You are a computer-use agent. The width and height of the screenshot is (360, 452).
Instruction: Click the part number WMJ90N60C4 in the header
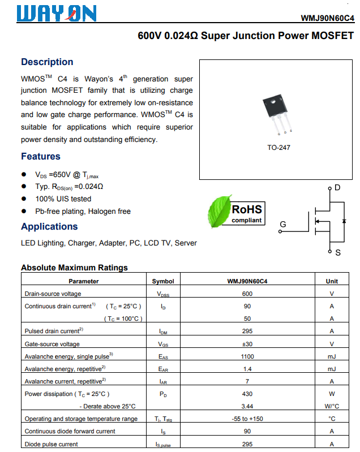point(327,18)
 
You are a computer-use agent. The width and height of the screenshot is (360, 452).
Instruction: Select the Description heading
point(47,62)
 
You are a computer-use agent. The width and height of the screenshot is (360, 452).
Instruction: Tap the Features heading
point(41,157)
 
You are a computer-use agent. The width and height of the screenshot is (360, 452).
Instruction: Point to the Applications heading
point(49,227)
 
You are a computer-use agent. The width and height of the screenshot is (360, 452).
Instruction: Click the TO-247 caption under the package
point(278,148)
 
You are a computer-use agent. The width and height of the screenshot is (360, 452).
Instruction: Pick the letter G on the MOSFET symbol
point(283,225)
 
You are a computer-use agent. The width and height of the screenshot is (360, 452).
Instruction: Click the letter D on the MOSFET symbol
point(337,187)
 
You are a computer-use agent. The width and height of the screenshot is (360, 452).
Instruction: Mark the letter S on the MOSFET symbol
point(338,252)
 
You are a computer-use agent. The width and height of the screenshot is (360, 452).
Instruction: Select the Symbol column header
point(163,281)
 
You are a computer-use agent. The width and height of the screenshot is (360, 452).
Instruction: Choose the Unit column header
point(332,281)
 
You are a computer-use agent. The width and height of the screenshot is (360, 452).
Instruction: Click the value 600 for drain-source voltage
point(247,294)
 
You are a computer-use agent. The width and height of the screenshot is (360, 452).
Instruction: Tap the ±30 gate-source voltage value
point(247,344)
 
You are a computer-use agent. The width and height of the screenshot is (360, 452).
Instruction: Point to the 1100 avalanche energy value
point(247,356)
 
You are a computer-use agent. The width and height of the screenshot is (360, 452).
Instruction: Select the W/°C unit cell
point(332,406)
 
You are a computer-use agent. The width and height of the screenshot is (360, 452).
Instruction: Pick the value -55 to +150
point(247,419)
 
